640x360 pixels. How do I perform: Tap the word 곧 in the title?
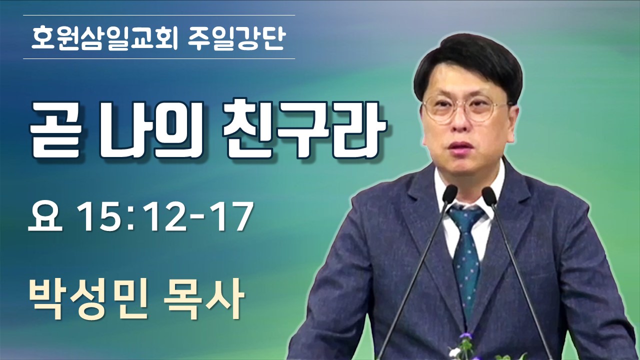click(x=55, y=131)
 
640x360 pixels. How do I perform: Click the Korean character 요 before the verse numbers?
click(x=45, y=216)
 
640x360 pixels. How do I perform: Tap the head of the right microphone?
click(x=489, y=195)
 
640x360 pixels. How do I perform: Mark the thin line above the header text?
click(x=159, y=15)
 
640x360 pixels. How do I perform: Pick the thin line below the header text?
click(x=159, y=58)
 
